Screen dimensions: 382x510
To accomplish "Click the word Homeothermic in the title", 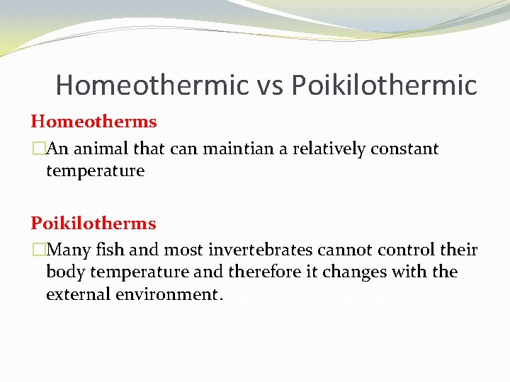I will (152, 86).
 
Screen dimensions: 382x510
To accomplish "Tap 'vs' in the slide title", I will (270, 86).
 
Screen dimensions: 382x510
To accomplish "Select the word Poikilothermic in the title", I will (385, 86).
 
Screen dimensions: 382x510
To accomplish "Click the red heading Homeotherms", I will (93, 122).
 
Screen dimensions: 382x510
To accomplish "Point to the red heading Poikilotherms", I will (93, 224).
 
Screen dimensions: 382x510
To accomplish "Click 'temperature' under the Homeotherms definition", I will (95, 170).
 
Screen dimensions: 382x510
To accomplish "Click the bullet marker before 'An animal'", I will (38, 149).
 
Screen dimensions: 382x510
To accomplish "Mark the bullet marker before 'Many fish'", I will (38, 250).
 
